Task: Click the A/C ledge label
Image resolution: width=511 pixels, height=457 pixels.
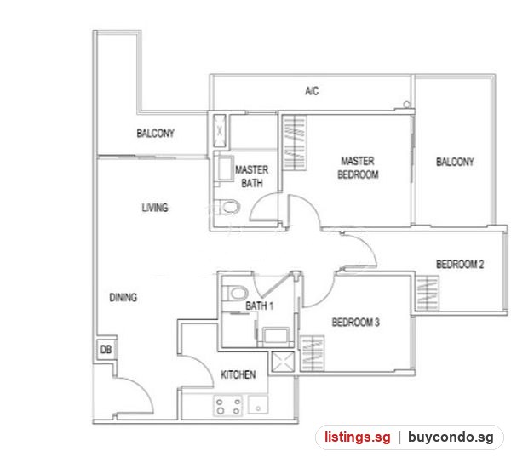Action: [312, 91]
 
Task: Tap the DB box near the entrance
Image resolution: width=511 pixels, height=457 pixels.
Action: [106, 350]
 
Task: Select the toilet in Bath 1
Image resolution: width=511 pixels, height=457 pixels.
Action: [235, 293]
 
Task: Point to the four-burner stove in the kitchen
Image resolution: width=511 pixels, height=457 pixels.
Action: [228, 406]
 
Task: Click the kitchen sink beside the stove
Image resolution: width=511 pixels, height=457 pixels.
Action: [258, 405]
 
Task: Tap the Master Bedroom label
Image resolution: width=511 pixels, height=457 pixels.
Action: [358, 168]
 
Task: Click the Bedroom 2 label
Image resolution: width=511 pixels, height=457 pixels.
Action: [460, 264]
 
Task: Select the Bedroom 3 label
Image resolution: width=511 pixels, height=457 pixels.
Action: [355, 323]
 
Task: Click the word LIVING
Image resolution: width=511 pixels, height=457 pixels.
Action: [155, 208]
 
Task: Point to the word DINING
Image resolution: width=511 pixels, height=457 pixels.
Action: [123, 297]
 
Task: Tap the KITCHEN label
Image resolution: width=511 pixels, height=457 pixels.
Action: [238, 374]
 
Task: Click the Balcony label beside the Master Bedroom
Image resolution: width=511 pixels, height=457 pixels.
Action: [455, 162]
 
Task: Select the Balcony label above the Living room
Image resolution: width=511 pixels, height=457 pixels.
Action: [156, 134]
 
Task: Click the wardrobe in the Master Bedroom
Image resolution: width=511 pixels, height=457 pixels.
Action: [295, 143]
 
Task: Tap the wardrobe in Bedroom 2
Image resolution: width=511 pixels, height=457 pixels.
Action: [427, 294]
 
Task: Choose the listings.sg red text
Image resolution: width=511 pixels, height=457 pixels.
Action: [357, 437]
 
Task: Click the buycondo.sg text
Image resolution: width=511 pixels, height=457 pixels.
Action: [451, 437]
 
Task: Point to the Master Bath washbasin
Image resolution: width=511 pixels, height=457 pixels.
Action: [225, 168]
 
